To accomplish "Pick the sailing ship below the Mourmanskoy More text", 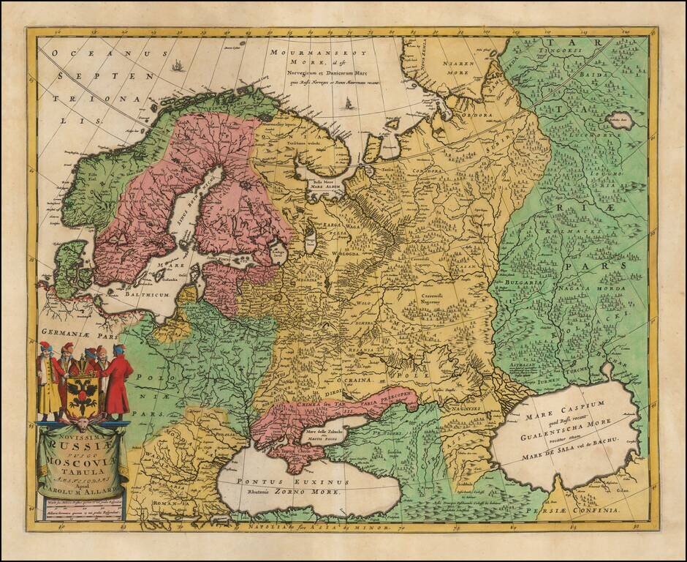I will point(349,102).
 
